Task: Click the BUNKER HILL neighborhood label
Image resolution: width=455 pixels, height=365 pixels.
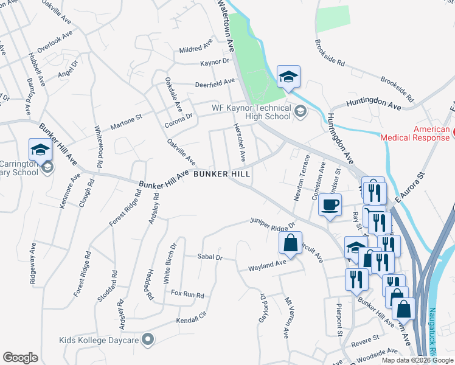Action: (x=222, y=174)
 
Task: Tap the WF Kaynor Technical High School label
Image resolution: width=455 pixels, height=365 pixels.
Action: (x=251, y=112)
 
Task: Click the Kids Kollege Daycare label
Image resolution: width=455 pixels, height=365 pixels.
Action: (x=99, y=341)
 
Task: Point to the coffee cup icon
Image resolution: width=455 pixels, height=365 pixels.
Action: (x=330, y=206)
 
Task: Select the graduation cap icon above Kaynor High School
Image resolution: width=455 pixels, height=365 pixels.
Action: (x=288, y=77)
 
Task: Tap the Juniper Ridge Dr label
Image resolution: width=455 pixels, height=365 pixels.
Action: (x=273, y=223)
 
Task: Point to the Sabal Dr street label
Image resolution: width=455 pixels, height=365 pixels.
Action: (x=210, y=258)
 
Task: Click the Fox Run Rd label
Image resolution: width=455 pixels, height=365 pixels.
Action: (x=187, y=294)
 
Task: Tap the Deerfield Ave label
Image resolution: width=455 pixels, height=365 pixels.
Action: (x=215, y=82)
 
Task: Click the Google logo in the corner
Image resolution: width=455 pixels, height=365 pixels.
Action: (x=20, y=358)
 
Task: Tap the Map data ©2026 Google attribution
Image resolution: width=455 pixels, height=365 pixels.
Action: (x=417, y=360)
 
